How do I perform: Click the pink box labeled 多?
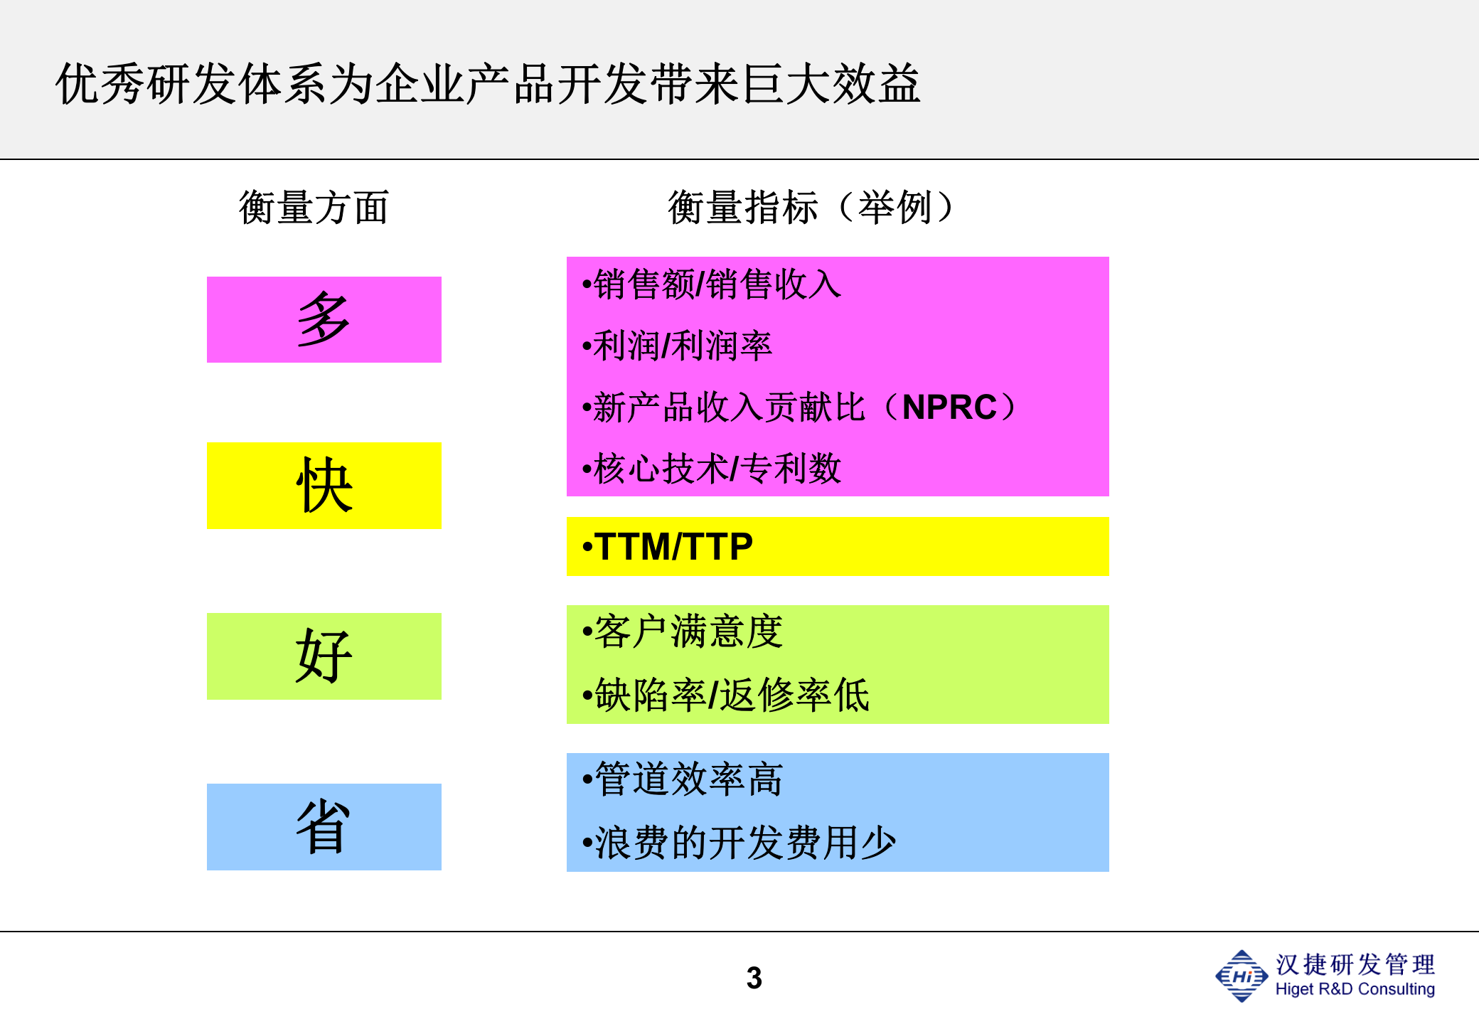tap(324, 319)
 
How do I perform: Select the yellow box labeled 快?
tap(324, 486)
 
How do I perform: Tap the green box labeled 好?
tap(324, 656)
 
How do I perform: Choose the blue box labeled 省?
tap(324, 826)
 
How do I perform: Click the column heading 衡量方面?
tap(314, 208)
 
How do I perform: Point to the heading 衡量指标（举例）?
tap(811, 208)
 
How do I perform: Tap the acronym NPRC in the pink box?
tap(949, 407)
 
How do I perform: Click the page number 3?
tap(754, 978)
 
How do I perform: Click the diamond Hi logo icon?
tap(1242, 976)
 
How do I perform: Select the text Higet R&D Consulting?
tap(1355, 989)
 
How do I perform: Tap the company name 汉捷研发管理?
tap(1355, 964)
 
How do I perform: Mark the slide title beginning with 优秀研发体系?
tap(488, 84)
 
